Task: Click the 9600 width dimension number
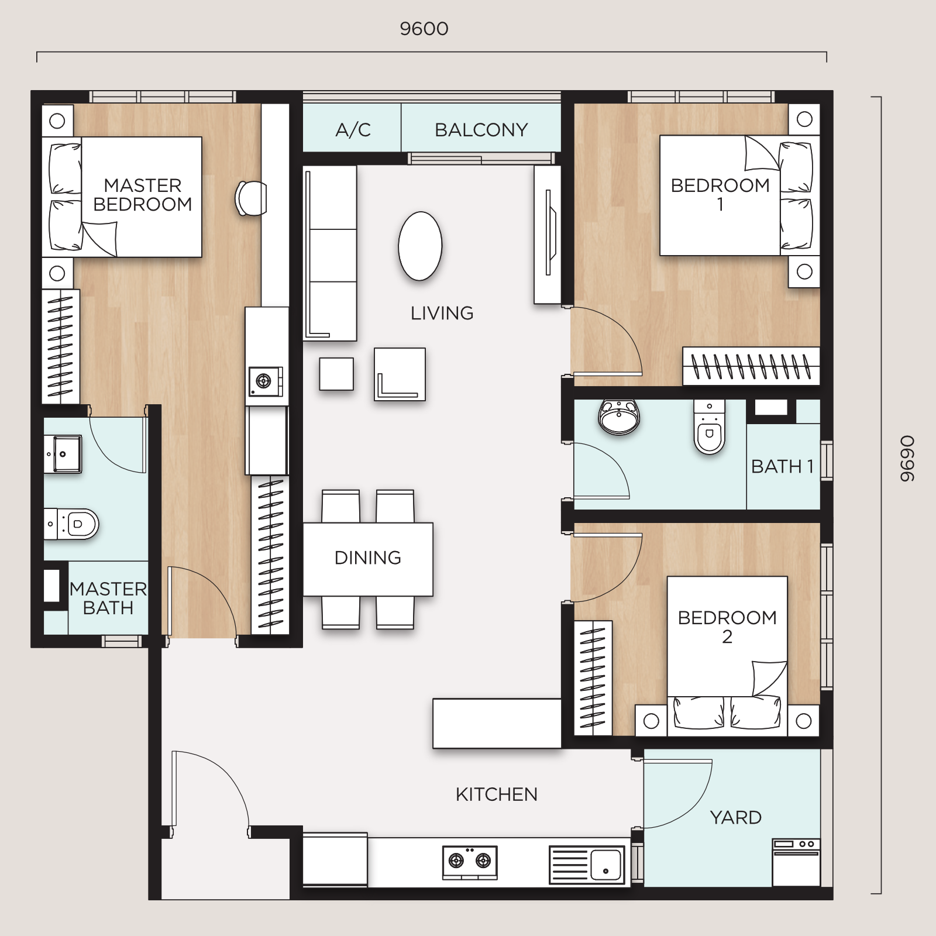[x=424, y=29]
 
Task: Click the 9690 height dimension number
[x=907, y=459]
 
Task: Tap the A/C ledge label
[x=353, y=130]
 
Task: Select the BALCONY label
[x=481, y=130]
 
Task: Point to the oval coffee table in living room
[x=420, y=246]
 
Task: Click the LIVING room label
[x=442, y=314]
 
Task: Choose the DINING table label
[x=368, y=558]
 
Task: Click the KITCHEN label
[x=496, y=794]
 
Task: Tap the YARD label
[x=736, y=817]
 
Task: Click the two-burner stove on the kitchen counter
[x=470, y=862]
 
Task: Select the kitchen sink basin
[x=605, y=865]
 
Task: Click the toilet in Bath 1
[x=710, y=427]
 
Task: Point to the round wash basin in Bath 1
[x=619, y=417]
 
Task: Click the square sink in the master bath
[x=63, y=454]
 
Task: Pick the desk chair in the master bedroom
[x=251, y=198]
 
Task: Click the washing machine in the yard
[x=796, y=862]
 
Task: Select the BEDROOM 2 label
[x=727, y=627]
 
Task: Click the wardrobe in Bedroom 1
[x=751, y=366]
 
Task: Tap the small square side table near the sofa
[x=336, y=374]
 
